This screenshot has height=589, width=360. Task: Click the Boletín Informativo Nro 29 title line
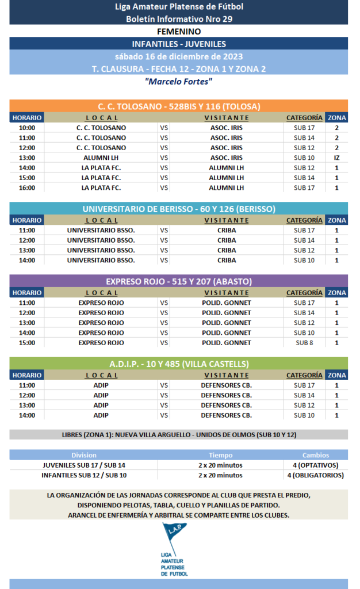(x=178, y=18)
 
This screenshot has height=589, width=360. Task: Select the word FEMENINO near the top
(x=178, y=32)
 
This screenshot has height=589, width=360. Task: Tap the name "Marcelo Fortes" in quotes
(x=178, y=82)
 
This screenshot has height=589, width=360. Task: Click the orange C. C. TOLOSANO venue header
(x=178, y=106)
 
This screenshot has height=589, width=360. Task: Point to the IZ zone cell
(x=336, y=158)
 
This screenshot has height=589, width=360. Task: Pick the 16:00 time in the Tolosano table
(x=27, y=188)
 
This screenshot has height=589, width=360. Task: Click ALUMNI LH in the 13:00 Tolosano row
(x=101, y=158)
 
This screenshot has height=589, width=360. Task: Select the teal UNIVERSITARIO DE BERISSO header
(x=178, y=209)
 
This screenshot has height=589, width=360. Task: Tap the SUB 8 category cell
(x=304, y=343)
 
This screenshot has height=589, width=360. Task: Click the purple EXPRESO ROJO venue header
(x=178, y=281)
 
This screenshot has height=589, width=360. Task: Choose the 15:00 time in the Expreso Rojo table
(x=27, y=343)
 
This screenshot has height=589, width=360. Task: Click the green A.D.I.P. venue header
(x=178, y=364)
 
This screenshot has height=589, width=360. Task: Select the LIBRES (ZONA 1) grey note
(x=178, y=435)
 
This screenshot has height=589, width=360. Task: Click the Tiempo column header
(x=220, y=455)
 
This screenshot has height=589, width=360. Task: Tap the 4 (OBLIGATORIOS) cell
(x=315, y=475)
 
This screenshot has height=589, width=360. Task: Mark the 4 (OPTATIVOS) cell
(x=315, y=465)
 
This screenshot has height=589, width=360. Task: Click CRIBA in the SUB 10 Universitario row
(x=227, y=260)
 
